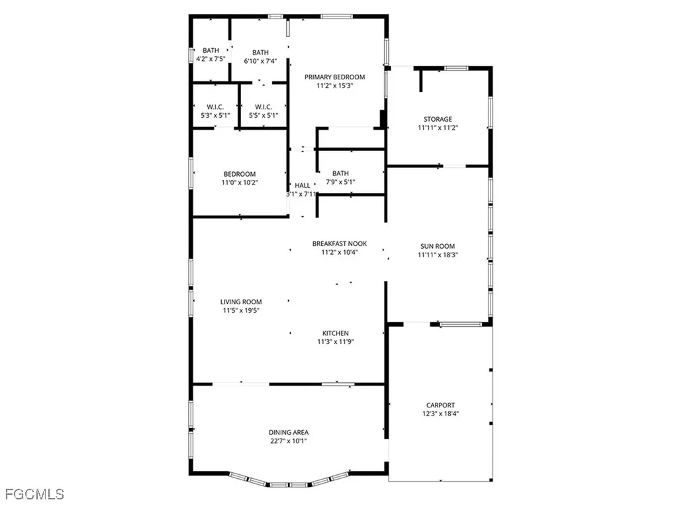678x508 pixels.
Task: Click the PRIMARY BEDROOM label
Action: coord(334,77)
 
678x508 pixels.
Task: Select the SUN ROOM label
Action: coord(438,246)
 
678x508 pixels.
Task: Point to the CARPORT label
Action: coord(440,405)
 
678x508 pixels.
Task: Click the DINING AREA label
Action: coord(288,433)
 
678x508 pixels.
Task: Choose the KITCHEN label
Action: coord(336,333)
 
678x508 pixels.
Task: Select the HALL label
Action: coord(303,185)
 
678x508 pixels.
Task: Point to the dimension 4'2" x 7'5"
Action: coord(211,59)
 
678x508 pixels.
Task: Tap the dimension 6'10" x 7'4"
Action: coord(260,61)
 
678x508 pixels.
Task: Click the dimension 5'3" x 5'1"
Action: coord(215,115)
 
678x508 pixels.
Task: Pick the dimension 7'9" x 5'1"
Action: coord(340,182)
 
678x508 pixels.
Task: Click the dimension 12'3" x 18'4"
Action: coord(440,414)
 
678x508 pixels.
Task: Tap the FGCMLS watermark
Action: coord(34,494)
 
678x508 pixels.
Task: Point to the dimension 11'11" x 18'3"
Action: coord(438,255)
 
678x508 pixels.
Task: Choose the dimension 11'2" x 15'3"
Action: coord(334,85)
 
